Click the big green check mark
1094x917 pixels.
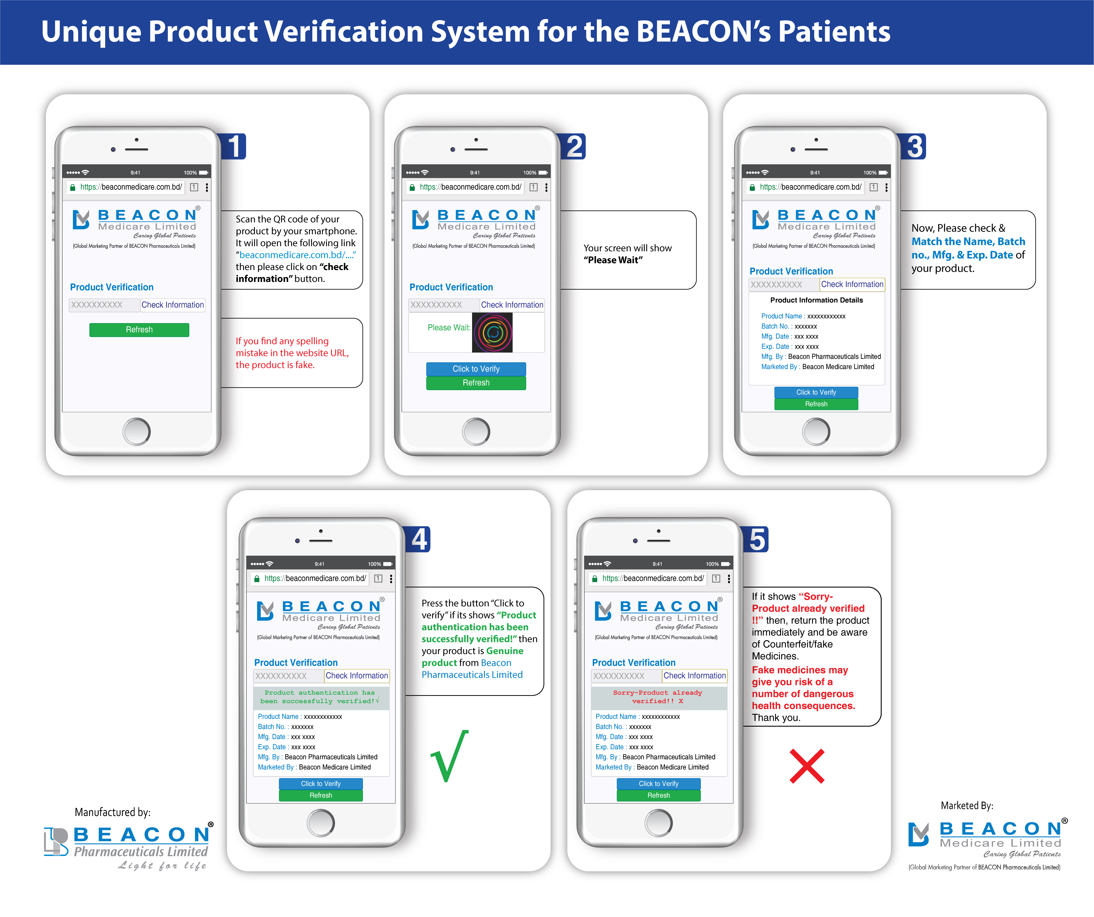(x=450, y=756)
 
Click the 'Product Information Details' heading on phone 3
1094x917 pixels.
(x=816, y=300)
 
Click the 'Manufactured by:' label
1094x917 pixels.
(x=113, y=812)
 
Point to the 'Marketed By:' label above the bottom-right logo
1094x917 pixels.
(x=967, y=806)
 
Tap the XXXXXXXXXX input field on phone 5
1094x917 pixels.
(x=626, y=676)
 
